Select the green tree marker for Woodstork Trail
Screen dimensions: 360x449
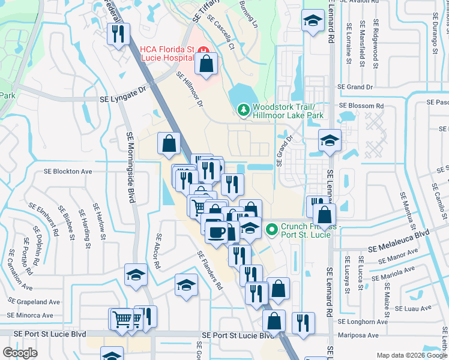tap(243, 110)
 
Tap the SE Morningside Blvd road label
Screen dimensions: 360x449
tap(130, 167)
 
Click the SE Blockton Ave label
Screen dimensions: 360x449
tap(68, 171)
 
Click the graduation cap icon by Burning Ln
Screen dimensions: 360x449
tap(312, 22)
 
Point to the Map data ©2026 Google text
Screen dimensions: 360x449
tap(411, 355)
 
